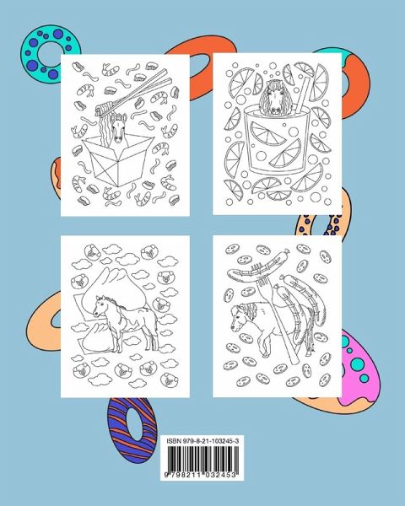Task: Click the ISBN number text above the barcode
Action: (x=202, y=441)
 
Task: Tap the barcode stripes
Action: (x=202, y=459)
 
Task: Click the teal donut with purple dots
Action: (x=48, y=55)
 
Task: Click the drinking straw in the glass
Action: (x=303, y=94)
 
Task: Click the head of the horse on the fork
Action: (x=241, y=316)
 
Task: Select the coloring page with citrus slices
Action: (x=277, y=133)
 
